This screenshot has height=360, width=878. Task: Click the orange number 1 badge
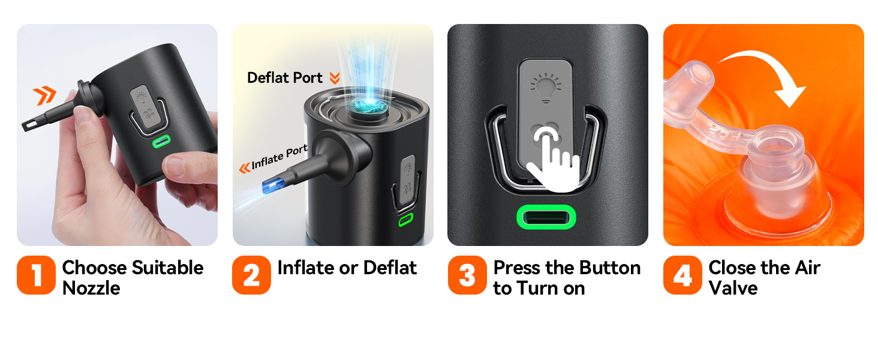click(x=36, y=275)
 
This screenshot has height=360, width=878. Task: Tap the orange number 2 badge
click(x=252, y=275)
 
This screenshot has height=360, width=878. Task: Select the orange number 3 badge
click(x=467, y=275)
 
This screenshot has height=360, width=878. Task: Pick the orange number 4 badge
click(x=682, y=275)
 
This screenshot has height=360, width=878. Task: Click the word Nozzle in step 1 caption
click(x=91, y=288)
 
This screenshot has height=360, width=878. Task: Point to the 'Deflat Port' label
click(x=285, y=77)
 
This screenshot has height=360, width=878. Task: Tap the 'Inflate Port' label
click(x=279, y=157)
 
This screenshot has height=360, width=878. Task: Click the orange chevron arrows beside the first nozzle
click(x=44, y=95)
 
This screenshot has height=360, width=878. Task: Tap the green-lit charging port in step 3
click(x=546, y=217)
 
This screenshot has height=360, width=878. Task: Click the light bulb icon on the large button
click(x=546, y=88)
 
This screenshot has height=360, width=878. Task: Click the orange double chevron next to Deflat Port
click(x=334, y=78)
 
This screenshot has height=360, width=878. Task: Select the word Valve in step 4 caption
click(x=733, y=288)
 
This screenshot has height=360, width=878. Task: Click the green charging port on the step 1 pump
click(x=161, y=141)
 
